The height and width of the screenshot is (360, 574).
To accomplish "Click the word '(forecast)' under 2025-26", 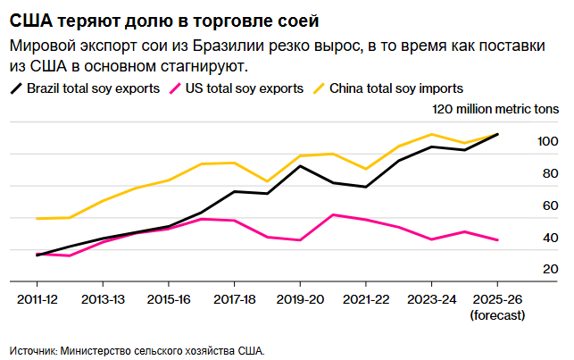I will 497,314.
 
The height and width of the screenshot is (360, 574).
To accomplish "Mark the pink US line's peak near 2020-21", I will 333,214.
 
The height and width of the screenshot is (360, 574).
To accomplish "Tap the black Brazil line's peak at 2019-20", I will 300,165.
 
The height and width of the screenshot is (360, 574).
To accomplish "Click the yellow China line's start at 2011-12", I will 37,218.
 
